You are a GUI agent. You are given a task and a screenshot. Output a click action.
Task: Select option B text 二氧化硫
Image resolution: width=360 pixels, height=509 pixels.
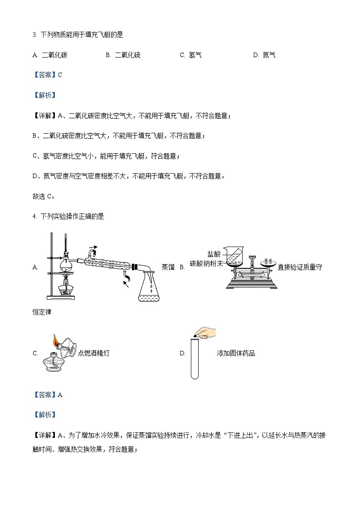pyautogui.click(x=127, y=55)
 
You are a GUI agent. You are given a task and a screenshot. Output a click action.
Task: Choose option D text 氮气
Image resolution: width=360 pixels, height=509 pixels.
pyautogui.click(x=269, y=55)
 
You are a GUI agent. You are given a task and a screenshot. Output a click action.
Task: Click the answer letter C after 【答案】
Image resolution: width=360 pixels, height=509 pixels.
pyautogui.click(x=60, y=75)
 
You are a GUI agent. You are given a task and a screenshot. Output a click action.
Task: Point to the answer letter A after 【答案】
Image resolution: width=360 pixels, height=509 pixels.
pyautogui.click(x=60, y=395)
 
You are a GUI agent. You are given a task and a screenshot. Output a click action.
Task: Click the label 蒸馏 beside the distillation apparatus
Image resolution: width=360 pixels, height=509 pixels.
pyautogui.click(x=168, y=267)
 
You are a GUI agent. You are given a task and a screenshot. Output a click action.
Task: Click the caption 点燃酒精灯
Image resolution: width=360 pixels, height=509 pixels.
pyautogui.click(x=93, y=354)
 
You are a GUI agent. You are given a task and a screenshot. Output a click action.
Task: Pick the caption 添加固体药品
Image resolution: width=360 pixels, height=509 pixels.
pyautogui.click(x=236, y=354)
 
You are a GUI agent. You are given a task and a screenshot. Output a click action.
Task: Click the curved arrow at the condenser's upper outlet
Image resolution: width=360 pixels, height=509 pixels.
pyautogui.click(x=92, y=250)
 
